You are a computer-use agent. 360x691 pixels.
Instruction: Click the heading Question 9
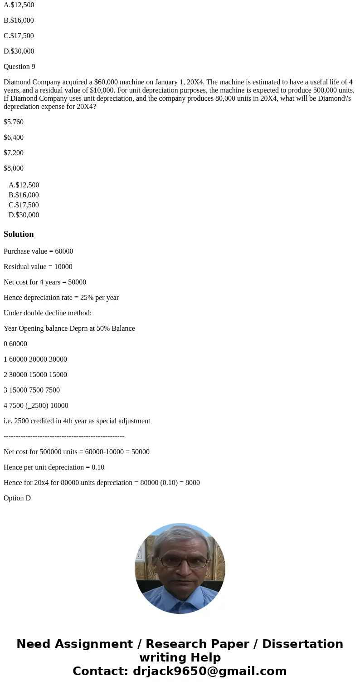pyautogui.click(x=19, y=67)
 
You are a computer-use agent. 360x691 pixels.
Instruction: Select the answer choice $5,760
pyautogui.click(x=14, y=122)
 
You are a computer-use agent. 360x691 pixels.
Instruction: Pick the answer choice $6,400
pyautogui.click(x=14, y=137)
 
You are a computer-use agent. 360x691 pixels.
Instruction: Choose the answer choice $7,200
pyautogui.click(x=14, y=153)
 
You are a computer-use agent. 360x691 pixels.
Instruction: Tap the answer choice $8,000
pyautogui.click(x=14, y=168)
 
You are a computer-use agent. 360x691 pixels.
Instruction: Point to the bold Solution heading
pyautogui.click(x=19, y=234)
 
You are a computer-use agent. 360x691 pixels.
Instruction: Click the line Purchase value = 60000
pyautogui.click(x=38, y=251)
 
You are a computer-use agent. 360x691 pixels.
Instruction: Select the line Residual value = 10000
pyautogui.click(x=38, y=267)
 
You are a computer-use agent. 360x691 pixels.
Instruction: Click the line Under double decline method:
pyautogui.click(x=48, y=313)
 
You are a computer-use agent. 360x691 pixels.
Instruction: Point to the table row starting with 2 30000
pyautogui.click(x=35, y=375)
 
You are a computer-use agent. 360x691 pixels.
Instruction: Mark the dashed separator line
pyautogui.click(x=64, y=436)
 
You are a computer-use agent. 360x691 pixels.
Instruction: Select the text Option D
pyautogui.click(x=17, y=498)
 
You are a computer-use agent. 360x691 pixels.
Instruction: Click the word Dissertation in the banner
pyautogui.click(x=302, y=644)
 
